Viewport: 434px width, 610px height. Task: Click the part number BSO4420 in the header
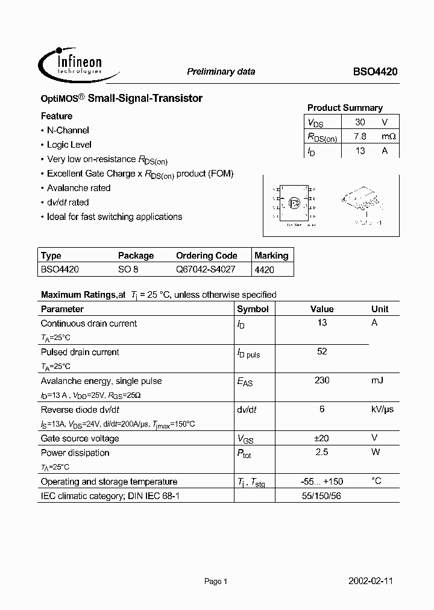pos(375,72)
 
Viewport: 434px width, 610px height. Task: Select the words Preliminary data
pos(221,72)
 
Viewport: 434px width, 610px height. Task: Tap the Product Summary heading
pos(345,108)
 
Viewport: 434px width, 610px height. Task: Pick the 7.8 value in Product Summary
pos(360,136)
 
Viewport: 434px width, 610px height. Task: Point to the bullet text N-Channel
pos(68,130)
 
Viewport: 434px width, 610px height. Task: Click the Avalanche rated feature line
pos(78,188)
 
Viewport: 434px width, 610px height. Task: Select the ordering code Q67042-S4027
pos(206,270)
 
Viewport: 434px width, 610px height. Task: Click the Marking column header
pos(271,256)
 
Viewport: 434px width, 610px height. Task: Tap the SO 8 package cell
pos(128,270)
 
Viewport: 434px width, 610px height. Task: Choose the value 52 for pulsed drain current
pos(322,351)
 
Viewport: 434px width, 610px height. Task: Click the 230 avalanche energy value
pos(322,380)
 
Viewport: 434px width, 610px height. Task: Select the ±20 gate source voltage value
pos(322,438)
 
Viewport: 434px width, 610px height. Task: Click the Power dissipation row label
pos(75,453)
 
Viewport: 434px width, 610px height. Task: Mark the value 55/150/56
pos(322,496)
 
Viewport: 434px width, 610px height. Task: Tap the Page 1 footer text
pos(215,582)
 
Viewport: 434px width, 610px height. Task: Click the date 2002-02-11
pos(371,582)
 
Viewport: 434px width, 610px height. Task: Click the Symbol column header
pos(253,309)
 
